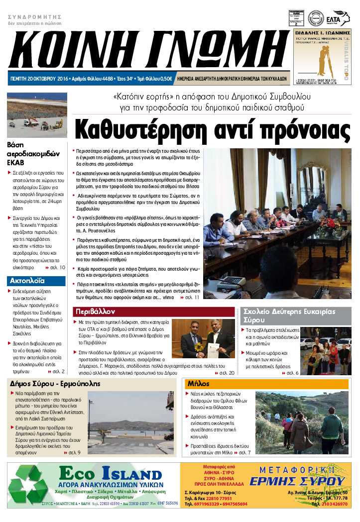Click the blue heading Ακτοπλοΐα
pyautogui.click(x=27, y=281)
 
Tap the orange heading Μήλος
pyautogui.click(x=198, y=384)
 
